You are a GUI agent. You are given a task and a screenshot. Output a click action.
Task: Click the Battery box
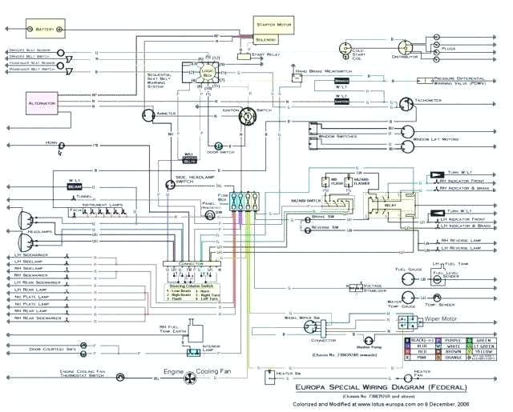point(39,30)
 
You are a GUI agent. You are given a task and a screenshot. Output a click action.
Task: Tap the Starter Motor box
point(276,23)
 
